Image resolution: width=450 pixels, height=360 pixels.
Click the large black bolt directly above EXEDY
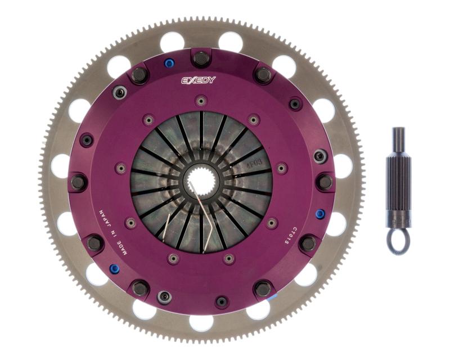pyautogui.click(x=201, y=58)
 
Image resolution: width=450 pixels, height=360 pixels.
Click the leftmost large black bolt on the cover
pyautogui.click(x=79, y=182)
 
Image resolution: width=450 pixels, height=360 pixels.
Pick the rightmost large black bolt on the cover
pyautogui.click(x=324, y=182)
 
